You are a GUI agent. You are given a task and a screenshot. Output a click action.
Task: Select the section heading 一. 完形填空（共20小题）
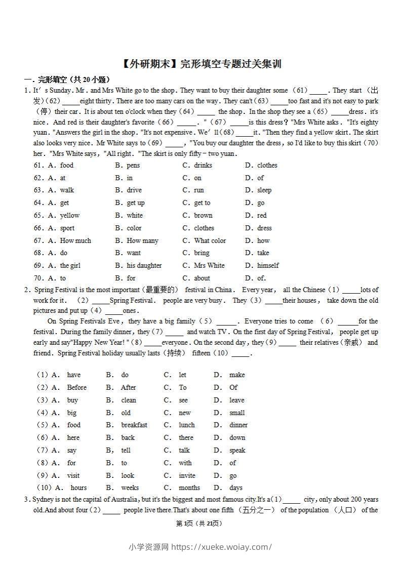coord(67,79)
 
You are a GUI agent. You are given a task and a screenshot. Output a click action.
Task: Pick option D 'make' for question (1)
coord(236,375)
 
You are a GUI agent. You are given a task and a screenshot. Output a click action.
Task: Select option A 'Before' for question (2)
coord(76,388)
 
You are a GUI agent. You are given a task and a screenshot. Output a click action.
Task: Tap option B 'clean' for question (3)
coord(129,400)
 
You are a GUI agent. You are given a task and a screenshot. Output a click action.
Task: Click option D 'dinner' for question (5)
coord(238,425)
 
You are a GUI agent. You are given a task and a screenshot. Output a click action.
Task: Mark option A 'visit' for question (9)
coord(73,476)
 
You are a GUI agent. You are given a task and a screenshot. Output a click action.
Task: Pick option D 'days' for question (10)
coord(235,488)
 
